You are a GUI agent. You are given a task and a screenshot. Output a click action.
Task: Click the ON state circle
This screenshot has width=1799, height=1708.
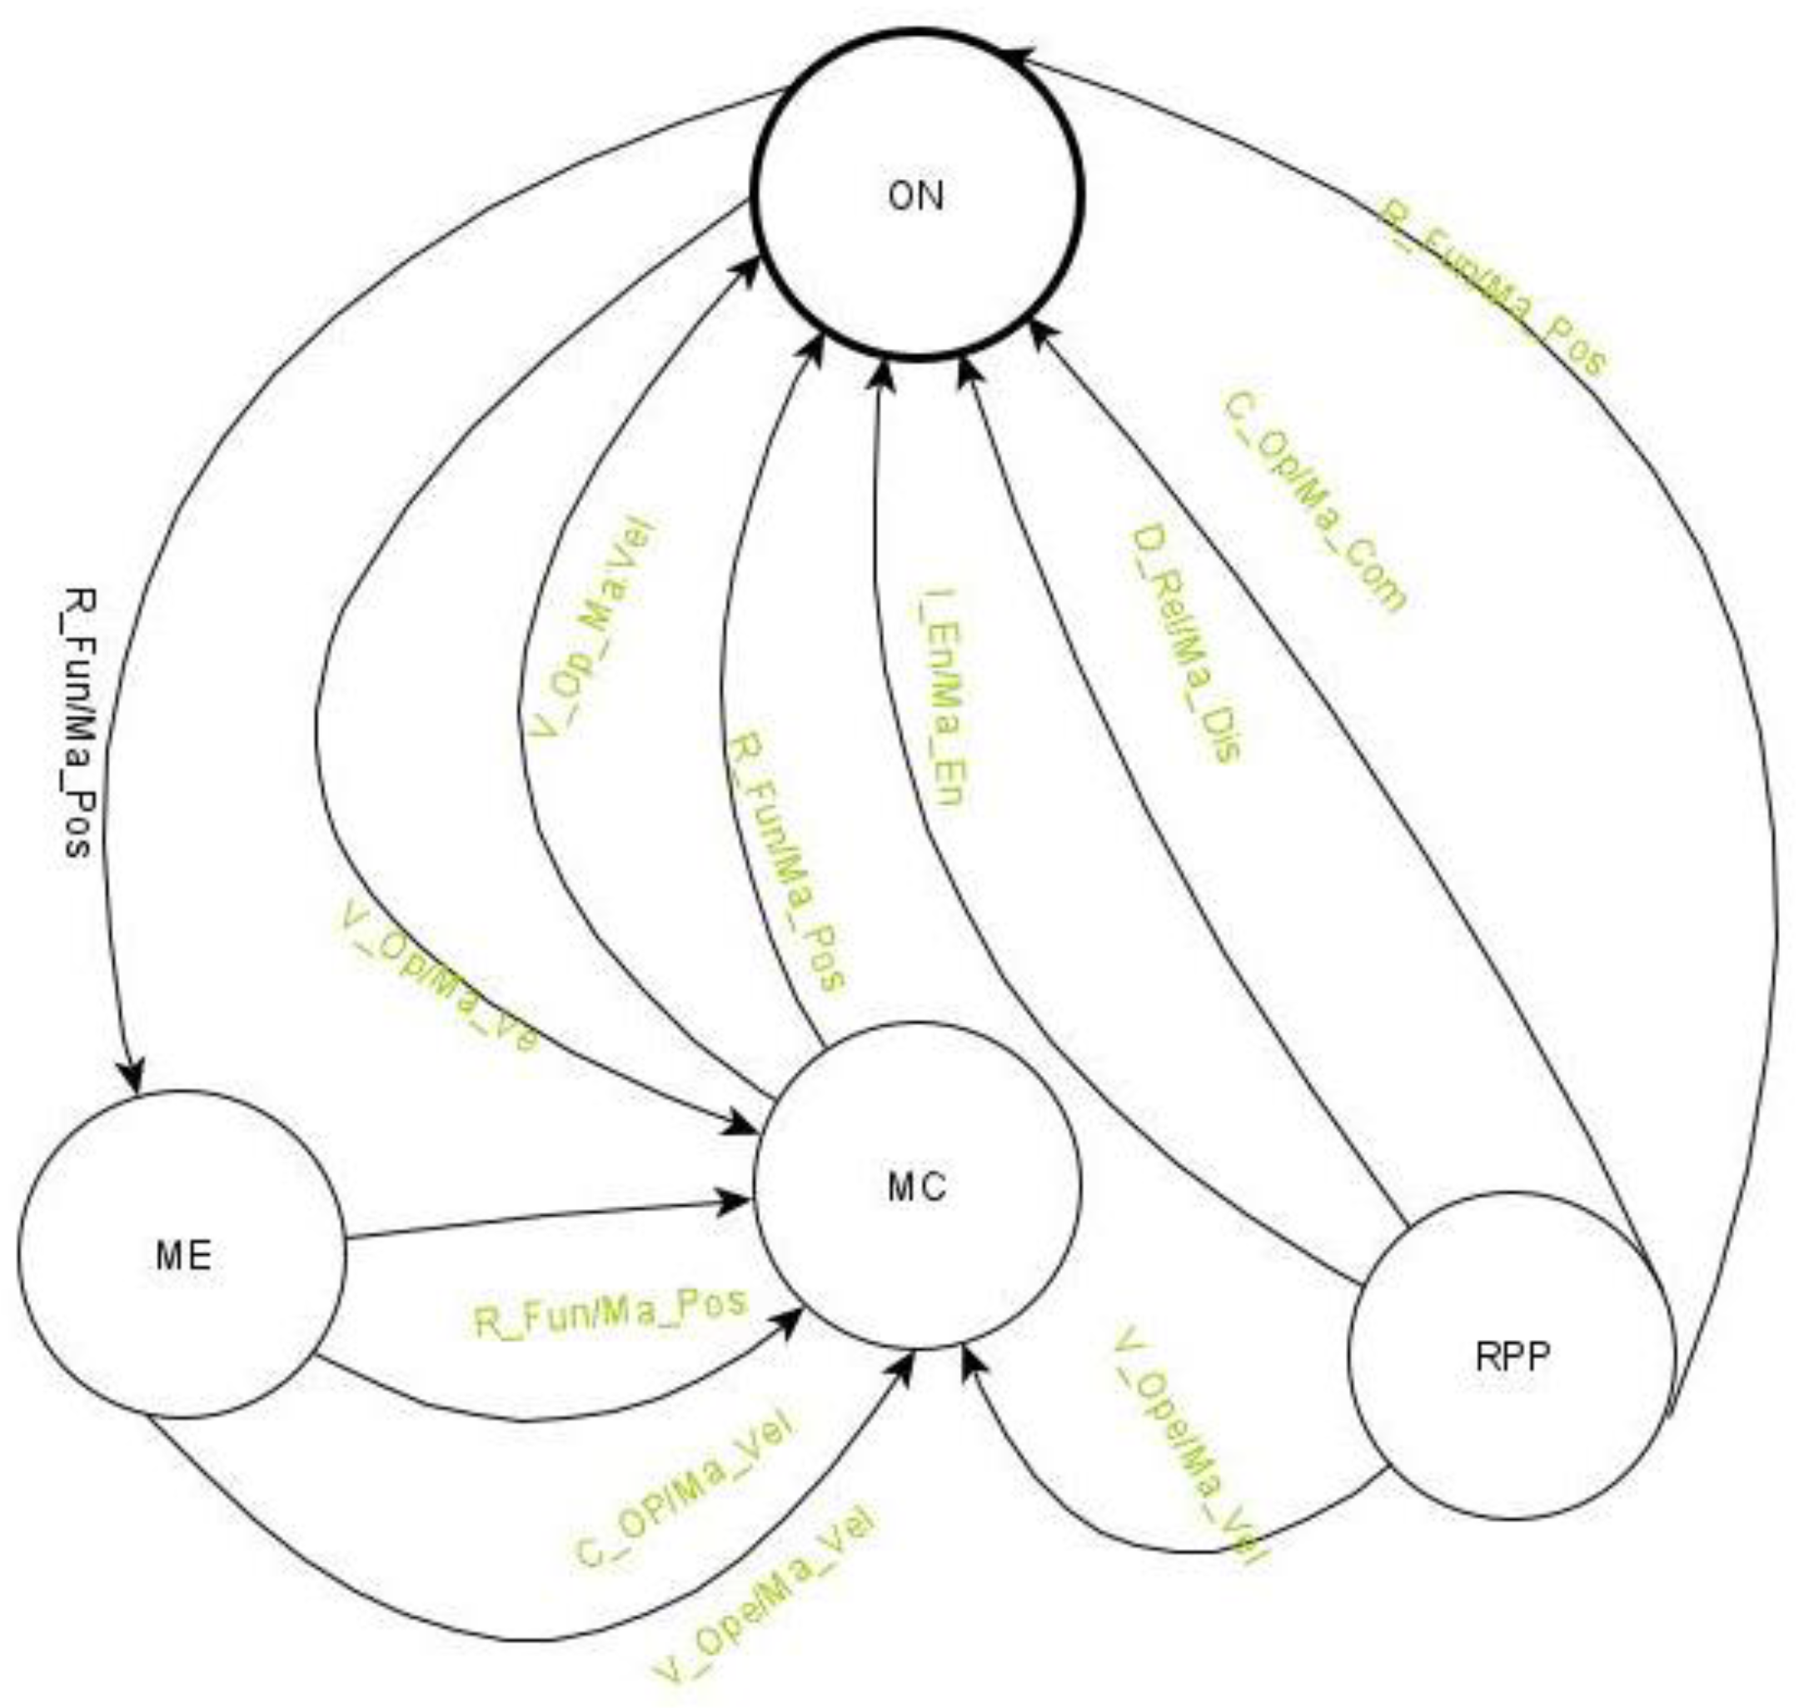(917, 194)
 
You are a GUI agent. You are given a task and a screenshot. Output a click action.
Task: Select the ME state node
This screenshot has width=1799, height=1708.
(182, 1257)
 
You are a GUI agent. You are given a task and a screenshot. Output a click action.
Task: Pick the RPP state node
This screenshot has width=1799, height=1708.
(1512, 1357)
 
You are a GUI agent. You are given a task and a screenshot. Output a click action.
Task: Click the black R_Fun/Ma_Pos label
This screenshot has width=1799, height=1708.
(80, 724)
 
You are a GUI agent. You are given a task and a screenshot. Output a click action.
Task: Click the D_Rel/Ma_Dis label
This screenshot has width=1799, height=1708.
(1184, 647)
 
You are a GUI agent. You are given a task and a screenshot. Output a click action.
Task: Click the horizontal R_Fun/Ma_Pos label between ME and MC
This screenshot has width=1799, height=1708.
(609, 1312)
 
